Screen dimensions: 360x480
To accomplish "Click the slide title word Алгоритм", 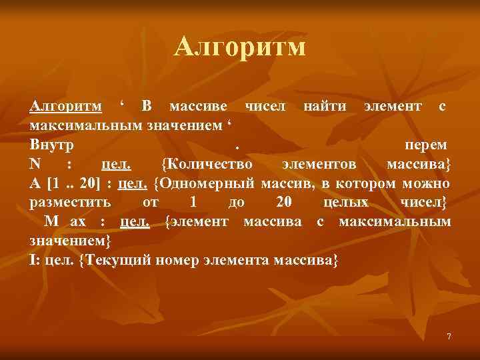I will (x=240, y=47).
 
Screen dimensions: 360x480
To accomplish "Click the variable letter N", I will (x=35, y=164).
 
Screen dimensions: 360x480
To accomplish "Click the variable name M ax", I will (x=65, y=221).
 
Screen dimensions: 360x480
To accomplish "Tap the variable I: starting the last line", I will (x=34, y=259).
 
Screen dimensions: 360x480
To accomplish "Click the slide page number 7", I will (x=449, y=337).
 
